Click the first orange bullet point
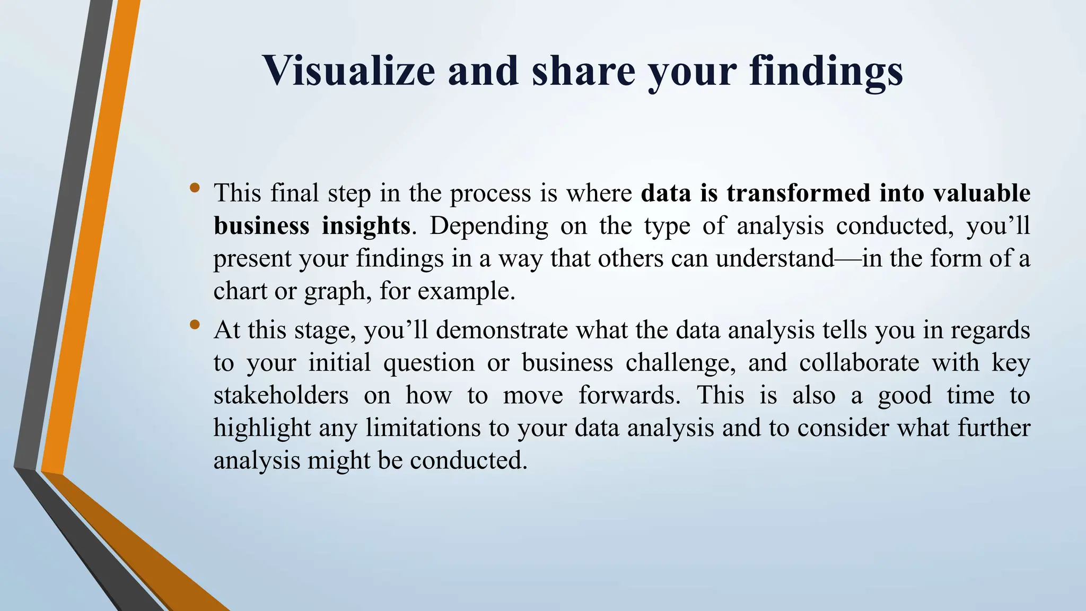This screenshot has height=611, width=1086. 195,187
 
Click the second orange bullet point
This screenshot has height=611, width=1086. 195,324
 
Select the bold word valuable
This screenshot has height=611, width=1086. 982,193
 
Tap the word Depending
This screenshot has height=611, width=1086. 488,226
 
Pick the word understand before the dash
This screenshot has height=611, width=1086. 775,258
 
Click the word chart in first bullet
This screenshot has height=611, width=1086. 240,291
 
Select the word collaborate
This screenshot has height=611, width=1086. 859,363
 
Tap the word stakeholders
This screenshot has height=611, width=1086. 281,395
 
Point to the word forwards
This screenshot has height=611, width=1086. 629,395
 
